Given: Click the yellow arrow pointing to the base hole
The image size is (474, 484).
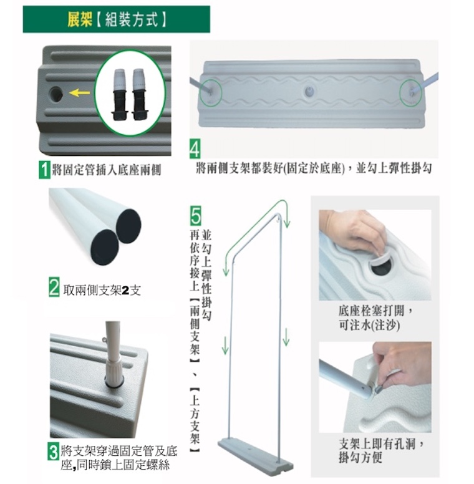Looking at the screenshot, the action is click(79, 92).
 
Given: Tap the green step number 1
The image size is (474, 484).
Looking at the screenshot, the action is click(44, 170).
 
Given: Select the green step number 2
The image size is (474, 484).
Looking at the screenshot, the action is click(54, 287).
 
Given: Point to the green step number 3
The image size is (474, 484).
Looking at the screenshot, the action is click(54, 452).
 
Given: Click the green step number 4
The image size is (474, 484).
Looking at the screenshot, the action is click(195, 149).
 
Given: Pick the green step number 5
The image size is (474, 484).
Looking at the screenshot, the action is click(196, 215).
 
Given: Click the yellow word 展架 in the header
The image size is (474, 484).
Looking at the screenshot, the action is click(80, 19).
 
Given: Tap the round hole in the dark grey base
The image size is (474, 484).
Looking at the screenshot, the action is click(56, 94).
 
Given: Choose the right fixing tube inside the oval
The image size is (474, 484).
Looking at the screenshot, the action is click(139, 94).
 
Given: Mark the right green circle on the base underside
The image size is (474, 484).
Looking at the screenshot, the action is click(411, 92).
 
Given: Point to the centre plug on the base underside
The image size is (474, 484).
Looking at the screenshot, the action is click(309, 91).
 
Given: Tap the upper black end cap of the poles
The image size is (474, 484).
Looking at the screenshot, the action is click(128, 226).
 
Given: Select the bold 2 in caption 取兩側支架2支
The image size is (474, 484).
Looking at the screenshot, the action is click(125, 291).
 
